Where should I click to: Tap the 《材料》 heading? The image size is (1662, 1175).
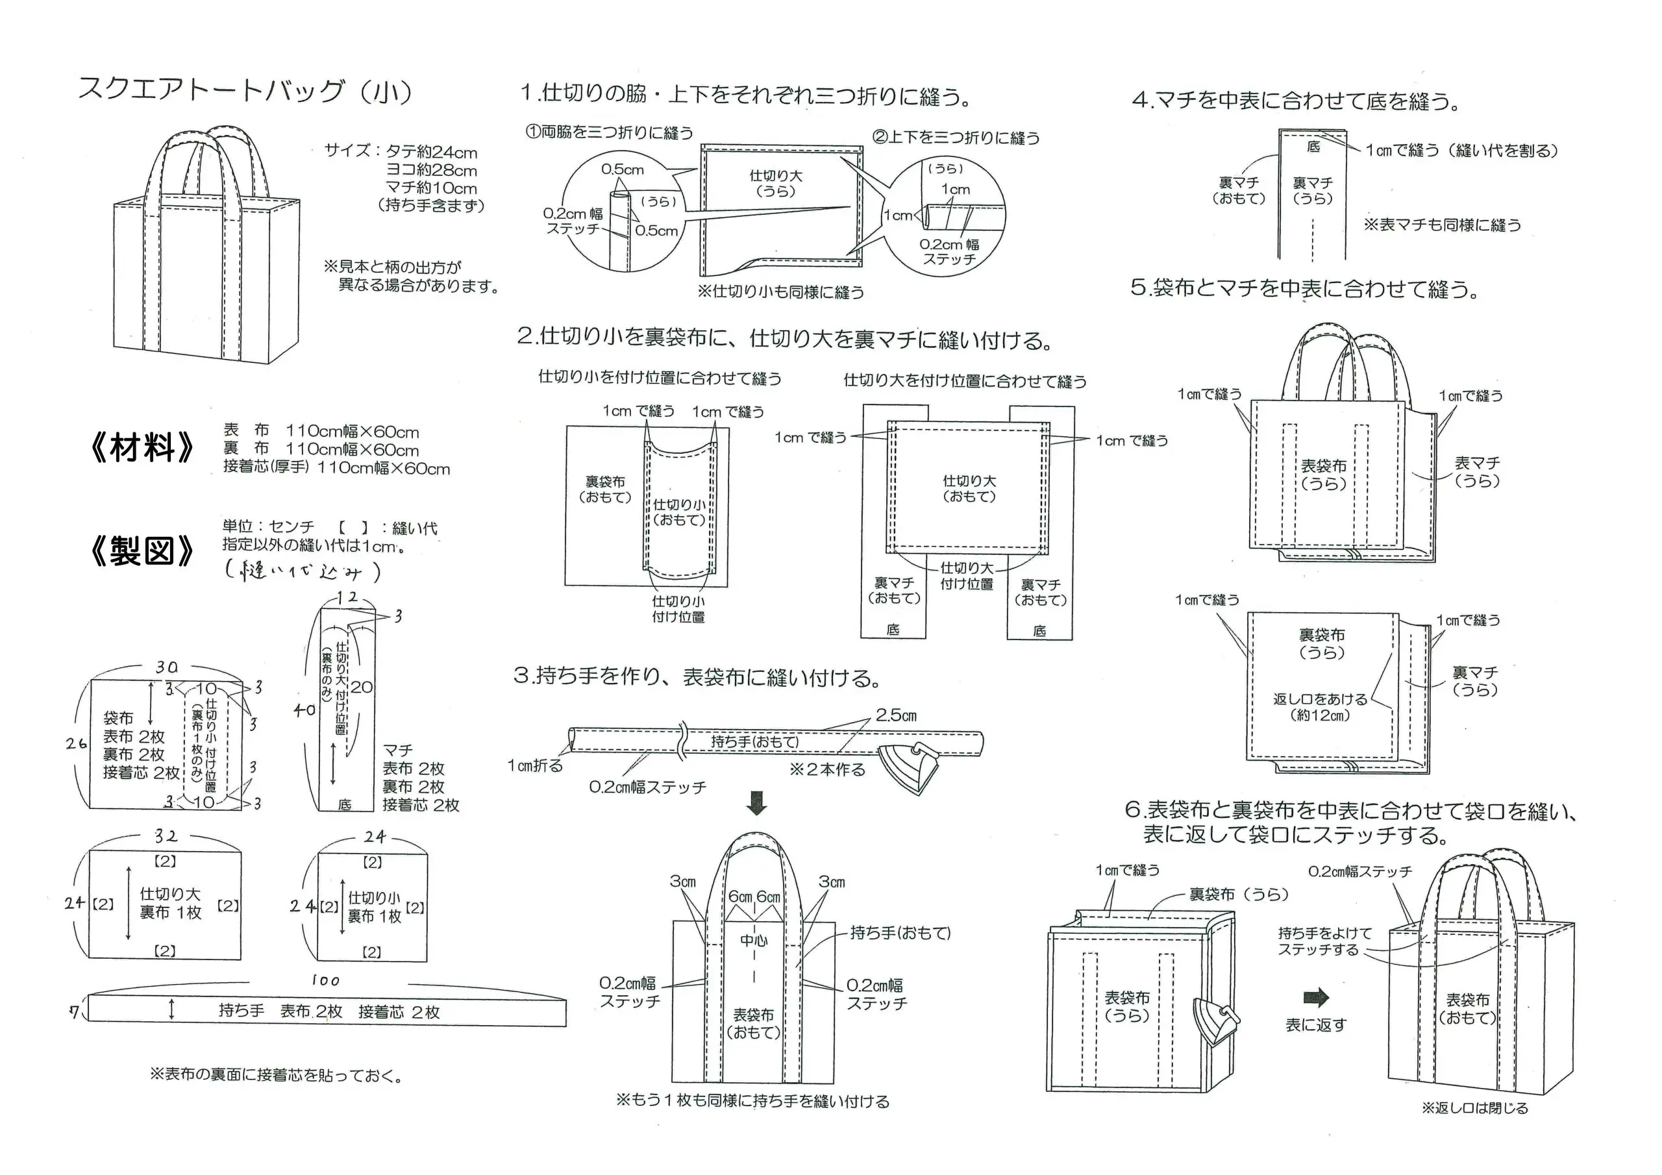click(x=142, y=447)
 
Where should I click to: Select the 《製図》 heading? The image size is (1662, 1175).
click(x=142, y=552)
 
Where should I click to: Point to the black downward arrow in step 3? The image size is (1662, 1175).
click(x=756, y=802)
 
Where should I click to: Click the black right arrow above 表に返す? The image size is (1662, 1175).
click(x=1315, y=998)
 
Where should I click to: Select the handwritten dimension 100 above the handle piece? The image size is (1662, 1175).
click(x=325, y=980)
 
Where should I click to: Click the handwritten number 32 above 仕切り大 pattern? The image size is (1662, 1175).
click(x=166, y=836)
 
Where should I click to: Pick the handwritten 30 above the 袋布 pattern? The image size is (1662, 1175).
click(x=166, y=667)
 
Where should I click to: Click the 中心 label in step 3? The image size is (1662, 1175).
click(x=754, y=941)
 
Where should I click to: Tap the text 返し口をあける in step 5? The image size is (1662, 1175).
click(x=1321, y=699)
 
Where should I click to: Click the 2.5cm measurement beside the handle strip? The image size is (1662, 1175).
click(x=896, y=715)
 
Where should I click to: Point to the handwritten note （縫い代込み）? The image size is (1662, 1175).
click(x=303, y=572)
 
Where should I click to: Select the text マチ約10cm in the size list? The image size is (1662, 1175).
click(x=432, y=188)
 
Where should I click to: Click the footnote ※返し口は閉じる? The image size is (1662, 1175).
click(x=1474, y=1128)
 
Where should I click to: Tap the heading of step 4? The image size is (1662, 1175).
click(x=1296, y=100)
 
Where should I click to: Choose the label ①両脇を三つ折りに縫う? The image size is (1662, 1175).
click(x=610, y=132)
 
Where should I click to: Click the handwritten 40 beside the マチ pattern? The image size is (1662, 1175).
click(x=304, y=710)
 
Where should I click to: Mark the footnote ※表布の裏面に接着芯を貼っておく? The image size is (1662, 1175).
click(x=276, y=1075)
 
